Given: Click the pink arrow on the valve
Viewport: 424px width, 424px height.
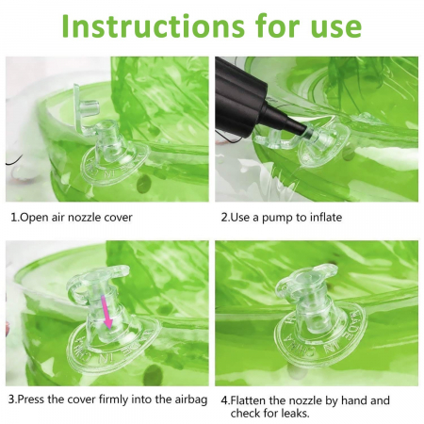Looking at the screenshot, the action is tap(106, 312).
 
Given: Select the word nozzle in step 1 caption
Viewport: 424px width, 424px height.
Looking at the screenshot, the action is tap(86, 218).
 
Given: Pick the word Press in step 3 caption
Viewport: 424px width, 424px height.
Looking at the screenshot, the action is tap(31, 400).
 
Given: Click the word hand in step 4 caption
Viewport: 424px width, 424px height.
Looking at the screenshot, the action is tap(353, 400).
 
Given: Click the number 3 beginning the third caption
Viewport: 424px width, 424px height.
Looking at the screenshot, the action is tap(11, 400).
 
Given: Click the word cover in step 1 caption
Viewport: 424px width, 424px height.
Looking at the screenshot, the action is tap(119, 218).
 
